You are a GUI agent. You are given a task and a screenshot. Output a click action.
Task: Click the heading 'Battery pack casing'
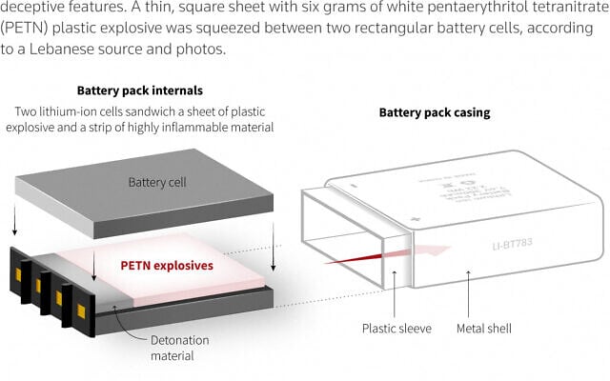(434, 112)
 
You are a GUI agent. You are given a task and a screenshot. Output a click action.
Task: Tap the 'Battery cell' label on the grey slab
(159, 181)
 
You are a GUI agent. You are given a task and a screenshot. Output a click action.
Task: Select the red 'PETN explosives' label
(167, 266)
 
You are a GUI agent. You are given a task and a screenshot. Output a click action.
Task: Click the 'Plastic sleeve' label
(396, 329)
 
